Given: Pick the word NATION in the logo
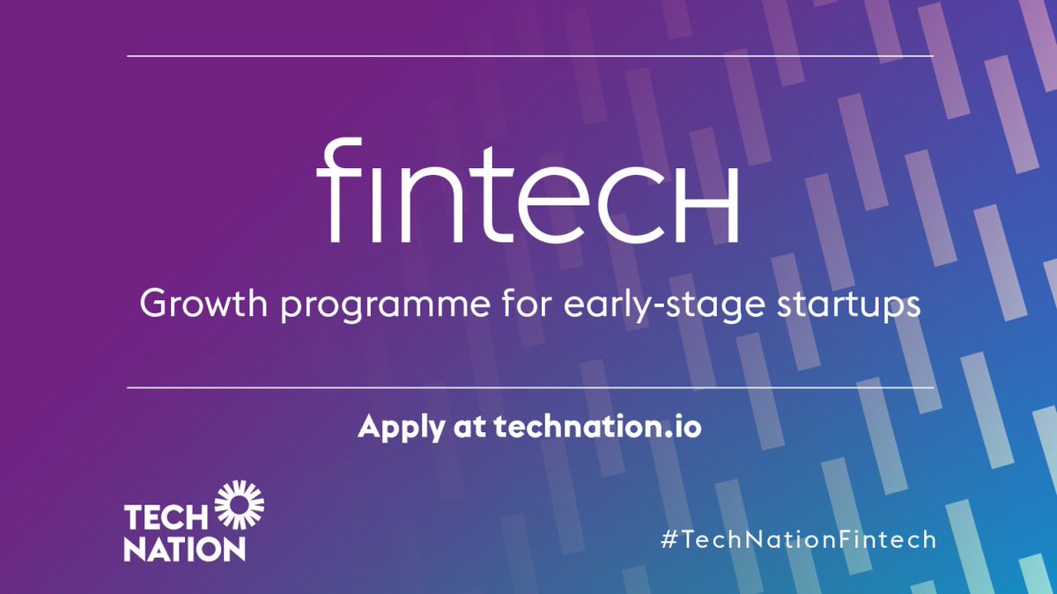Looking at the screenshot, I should (184, 548).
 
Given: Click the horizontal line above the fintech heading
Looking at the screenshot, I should (528, 56).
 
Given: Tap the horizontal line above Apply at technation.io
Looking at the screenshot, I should (528, 387).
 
